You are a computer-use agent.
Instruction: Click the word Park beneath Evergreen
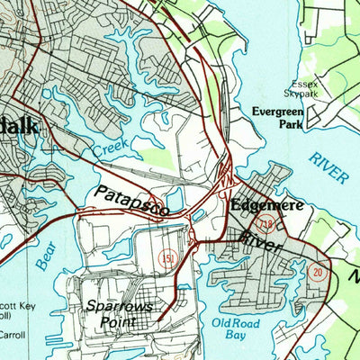(x=290, y=126)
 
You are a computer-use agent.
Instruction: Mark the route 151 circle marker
(x=166, y=258)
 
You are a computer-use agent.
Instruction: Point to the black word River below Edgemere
(x=261, y=239)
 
